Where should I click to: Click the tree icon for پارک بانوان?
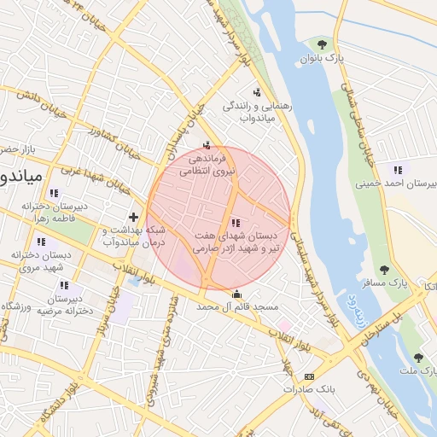pyautogui.click(x=322, y=44)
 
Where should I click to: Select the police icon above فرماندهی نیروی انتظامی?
pyautogui.click(x=207, y=144)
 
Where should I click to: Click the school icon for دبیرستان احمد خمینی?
pyautogui.click(x=396, y=168)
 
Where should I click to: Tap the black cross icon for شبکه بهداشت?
pyautogui.click(x=133, y=217)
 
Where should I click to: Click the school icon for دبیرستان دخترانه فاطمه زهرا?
pyautogui.click(x=55, y=193)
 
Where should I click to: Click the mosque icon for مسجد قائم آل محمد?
pyautogui.click(x=236, y=294)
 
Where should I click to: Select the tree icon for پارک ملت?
pyautogui.click(x=417, y=358)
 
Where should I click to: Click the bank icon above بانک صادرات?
pyautogui.click(x=309, y=376)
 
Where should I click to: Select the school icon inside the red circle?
pyautogui.click(x=236, y=223)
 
